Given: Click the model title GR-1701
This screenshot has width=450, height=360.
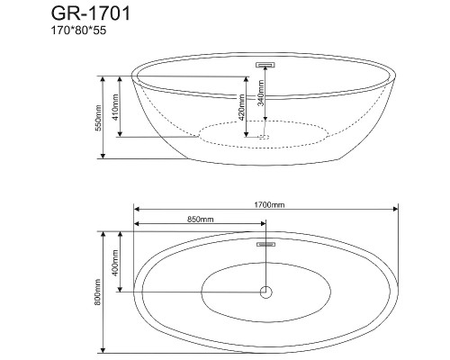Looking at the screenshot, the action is click(91, 13).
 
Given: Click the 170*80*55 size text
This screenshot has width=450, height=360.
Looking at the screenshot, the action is click(78, 31).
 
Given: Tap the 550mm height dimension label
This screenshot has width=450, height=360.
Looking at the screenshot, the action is click(98, 118).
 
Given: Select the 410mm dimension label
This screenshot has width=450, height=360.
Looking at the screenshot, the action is click(115, 107).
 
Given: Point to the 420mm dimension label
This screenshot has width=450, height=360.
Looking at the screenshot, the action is click(241, 107).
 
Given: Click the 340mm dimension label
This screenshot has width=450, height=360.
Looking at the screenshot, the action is click(261, 93).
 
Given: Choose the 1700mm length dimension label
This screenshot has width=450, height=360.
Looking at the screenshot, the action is click(269, 205).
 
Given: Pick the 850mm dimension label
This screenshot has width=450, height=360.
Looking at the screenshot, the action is click(201, 220).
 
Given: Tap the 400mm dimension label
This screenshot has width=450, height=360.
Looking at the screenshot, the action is click(115, 263).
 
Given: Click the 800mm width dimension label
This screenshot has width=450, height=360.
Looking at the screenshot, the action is click(97, 292).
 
